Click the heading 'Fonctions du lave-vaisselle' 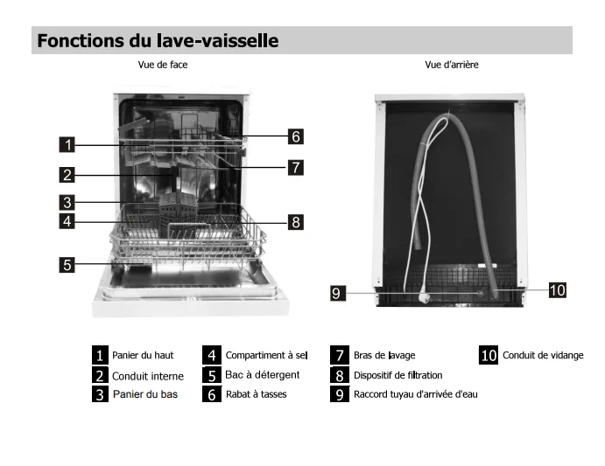pyautogui.click(x=158, y=40)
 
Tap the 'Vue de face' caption pyautogui.click(x=163, y=65)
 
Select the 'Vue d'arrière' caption pyautogui.click(x=452, y=65)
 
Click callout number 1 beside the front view pyautogui.click(x=67, y=144)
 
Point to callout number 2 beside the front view pyautogui.click(x=67, y=175)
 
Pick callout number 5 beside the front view pyautogui.click(x=67, y=265)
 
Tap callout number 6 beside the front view pyautogui.click(x=296, y=136)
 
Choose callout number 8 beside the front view pyautogui.click(x=296, y=222)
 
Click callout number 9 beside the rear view pyautogui.click(x=338, y=293)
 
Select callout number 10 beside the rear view pyautogui.click(x=558, y=290)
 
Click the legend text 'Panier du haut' pyautogui.click(x=143, y=355)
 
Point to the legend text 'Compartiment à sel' pyautogui.click(x=267, y=355)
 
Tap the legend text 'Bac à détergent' pyautogui.click(x=263, y=375)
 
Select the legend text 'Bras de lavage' pyautogui.click(x=384, y=355)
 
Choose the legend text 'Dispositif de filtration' pyautogui.click(x=397, y=375)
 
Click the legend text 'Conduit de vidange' pyautogui.click(x=543, y=355)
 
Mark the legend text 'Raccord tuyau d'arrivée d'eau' pyautogui.click(x=416, y=394)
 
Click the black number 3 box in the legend pyautogui.click(x=100, y=394)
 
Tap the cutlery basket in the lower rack pyautogui.click(x=179, y=215)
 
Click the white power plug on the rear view pyautogui.click(x=425, y=297)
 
